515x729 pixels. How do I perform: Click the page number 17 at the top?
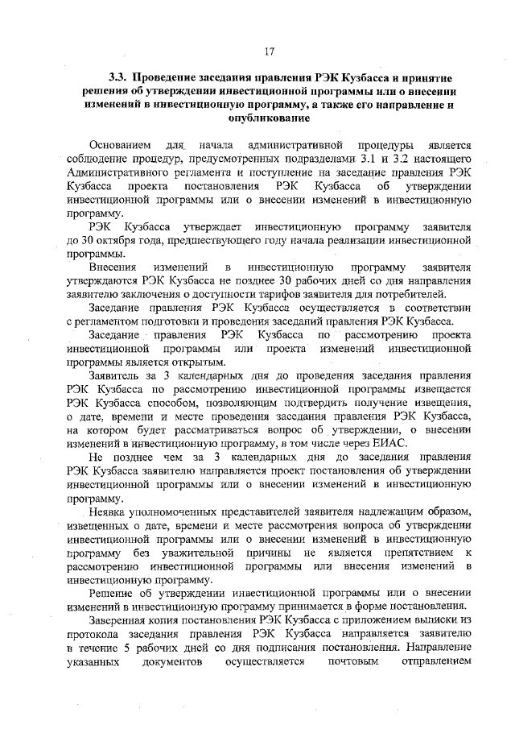pos(270,52)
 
